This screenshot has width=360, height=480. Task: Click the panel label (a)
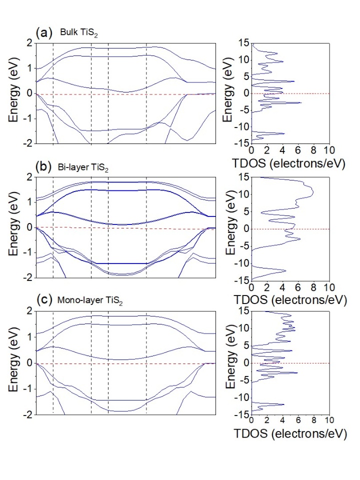tap(42, 33)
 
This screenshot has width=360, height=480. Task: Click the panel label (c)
tap(42, 300)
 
